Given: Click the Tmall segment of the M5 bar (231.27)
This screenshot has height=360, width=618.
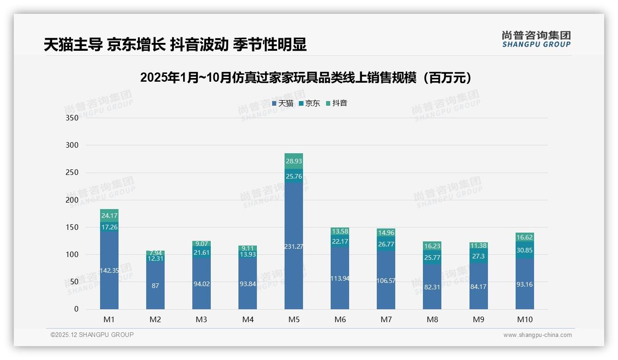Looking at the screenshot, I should pyautogui.click(x=294, y=246).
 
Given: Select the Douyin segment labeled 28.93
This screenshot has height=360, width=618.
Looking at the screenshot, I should pyautogui.click(x=294, y=161).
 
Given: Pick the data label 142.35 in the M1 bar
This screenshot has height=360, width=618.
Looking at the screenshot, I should pyautogui.click(x=109, y=270).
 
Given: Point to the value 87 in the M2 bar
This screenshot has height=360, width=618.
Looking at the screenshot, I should pyautogui.click(x=155, y=286).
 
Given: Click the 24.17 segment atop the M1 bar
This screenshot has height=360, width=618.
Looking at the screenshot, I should pyautogui.click(x=109, y=216).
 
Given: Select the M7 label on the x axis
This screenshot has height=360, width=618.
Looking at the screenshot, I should pyautogui.click(x=386, y=319).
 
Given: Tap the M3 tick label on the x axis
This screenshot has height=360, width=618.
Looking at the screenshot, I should pyautogui.click(x=202, y=319).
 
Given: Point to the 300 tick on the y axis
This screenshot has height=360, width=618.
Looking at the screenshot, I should pyautogui.click(x=72, y=145).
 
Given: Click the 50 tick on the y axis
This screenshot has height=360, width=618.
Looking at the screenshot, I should pyautogui.click(x=74, y=282).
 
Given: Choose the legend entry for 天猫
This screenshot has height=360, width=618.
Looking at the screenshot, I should pyautogui.click(x=283, y=103).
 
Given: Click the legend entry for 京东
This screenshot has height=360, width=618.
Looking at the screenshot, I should pyautogui.click(x=309, y=103).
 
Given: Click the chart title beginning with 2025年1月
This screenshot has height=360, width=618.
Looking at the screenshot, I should pyautogui.click(x=308, y=78).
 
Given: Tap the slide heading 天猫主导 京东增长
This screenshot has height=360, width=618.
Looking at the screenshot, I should pyautogui.click(x=175, y=44).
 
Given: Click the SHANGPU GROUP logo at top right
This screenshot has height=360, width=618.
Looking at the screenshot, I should pyautogui.click(x=536, y=39).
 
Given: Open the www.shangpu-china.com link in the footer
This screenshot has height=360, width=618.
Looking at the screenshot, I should pyautogui.click(x=537, y=335).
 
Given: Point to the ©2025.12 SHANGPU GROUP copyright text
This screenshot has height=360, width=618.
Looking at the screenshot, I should pyautogui.click(x=92, y=335).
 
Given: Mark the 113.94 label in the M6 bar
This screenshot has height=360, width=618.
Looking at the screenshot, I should pyautogui.click(x=340, y=278).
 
